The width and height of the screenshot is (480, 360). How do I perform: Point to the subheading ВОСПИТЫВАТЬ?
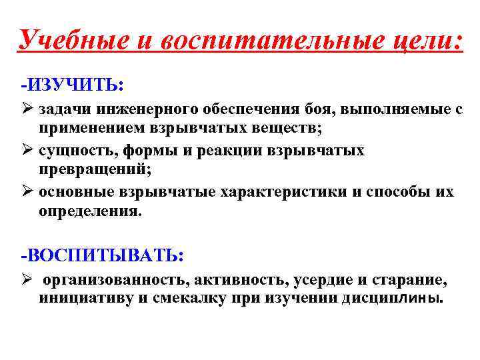coord(104,255)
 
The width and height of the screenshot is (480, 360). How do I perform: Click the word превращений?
coord(95,171)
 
